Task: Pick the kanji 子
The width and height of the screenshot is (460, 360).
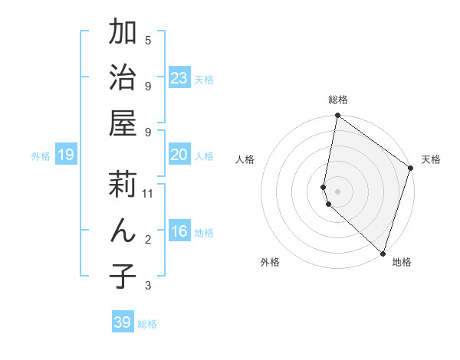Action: pyautogui.click(x=123, y=276)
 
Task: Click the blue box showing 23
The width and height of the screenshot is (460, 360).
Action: pyautogui.click(x=179, y=78)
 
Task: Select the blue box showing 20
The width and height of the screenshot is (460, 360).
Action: pyautogui.click(x=179, y=155)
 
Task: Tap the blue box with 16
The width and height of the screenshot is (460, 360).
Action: pyautogui.click(x=179, y=231)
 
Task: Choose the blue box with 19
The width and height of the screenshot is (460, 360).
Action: pyautogui.click(x=65, y=155)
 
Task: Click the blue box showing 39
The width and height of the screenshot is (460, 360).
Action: pyautogui.click(x=122, y=322)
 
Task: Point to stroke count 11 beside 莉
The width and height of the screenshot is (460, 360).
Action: pyautogui.click(x=148, y=194)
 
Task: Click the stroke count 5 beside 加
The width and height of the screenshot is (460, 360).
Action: pyautogui.click(x=148, y=41)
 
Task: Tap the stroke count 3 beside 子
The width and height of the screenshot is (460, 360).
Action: pyautogui.click(x=148, y=286)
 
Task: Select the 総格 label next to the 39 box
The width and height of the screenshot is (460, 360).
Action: pyautogui.click(x=147, y=324)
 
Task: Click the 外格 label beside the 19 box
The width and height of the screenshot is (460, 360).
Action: pyautogui.click(x=41, y=156)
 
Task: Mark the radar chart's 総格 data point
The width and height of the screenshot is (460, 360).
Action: pyautogui.click(x=337, y=116)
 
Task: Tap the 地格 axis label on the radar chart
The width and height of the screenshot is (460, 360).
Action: pyautogui.click(x=402, y=262)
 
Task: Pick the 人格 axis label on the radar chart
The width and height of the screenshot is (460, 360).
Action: pyautogui.click(x=245, y=159)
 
